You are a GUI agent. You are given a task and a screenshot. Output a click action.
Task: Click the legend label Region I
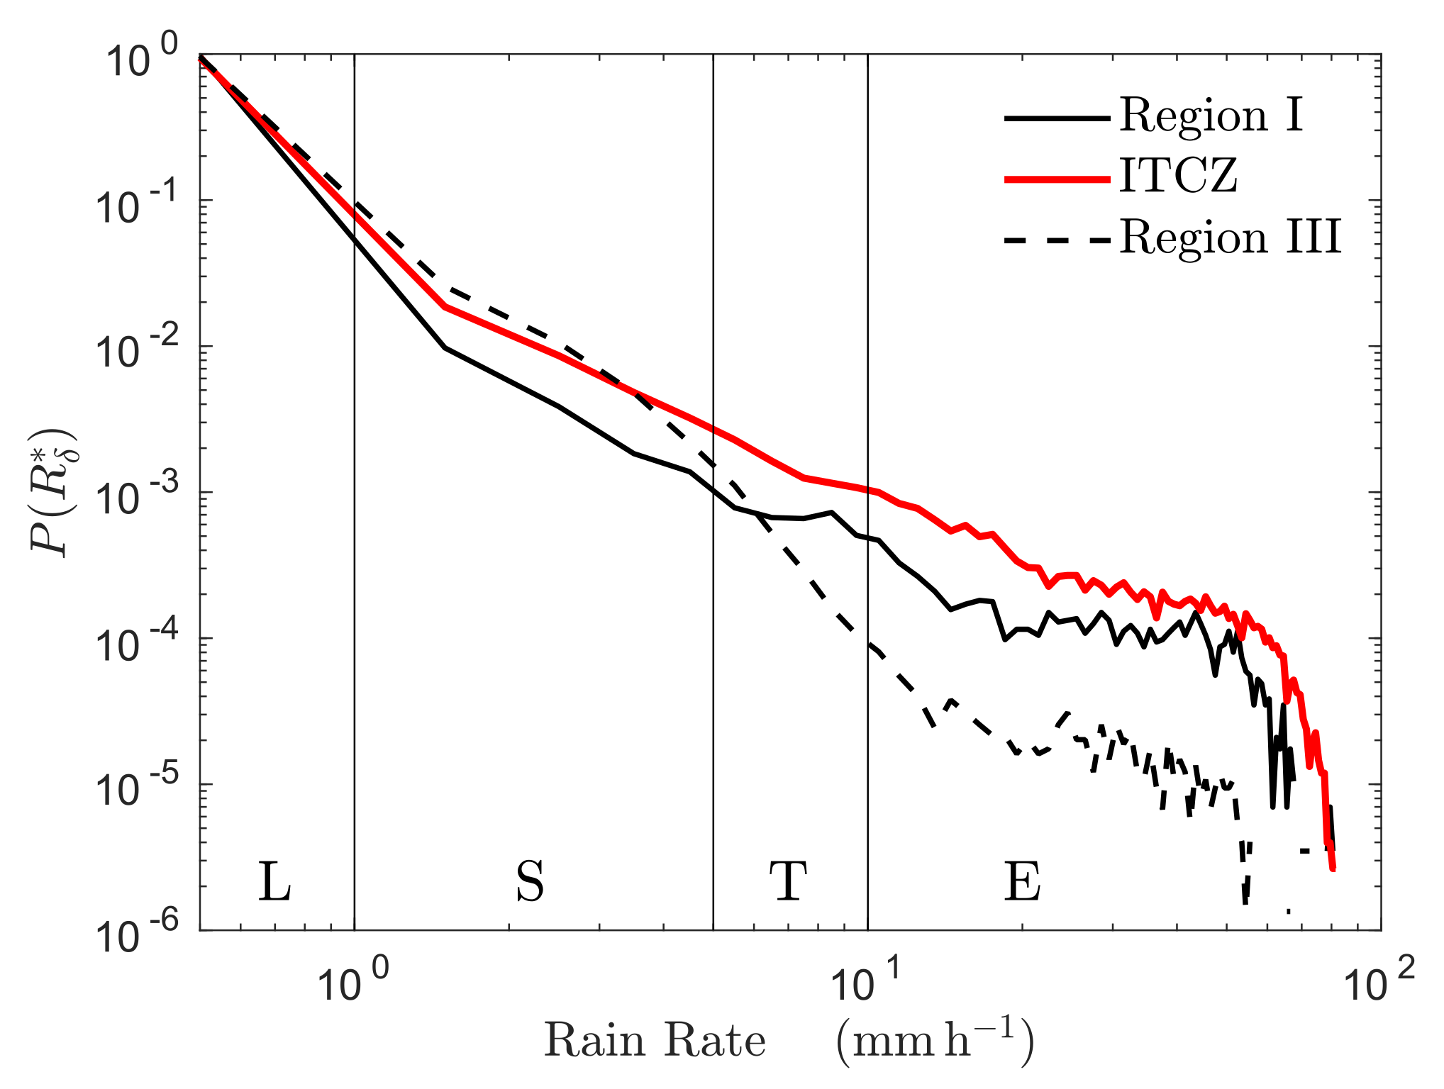coord(1211,116)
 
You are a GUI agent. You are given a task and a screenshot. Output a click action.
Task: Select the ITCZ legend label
coord(1178,176)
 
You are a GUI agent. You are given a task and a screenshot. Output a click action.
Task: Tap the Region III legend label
coord(1230,238)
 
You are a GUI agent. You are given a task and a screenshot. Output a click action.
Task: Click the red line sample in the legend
coord(1057,180)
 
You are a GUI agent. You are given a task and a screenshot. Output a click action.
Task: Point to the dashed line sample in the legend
coord(1057,241)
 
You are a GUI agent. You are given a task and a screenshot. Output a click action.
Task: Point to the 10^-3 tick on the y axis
coord(139,496)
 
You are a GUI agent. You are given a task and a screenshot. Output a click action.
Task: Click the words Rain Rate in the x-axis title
coord(655,1041)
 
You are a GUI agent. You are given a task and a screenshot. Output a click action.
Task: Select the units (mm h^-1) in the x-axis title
coord(935,1041)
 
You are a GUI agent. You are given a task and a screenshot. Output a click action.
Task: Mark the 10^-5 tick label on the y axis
coord(139,788)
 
